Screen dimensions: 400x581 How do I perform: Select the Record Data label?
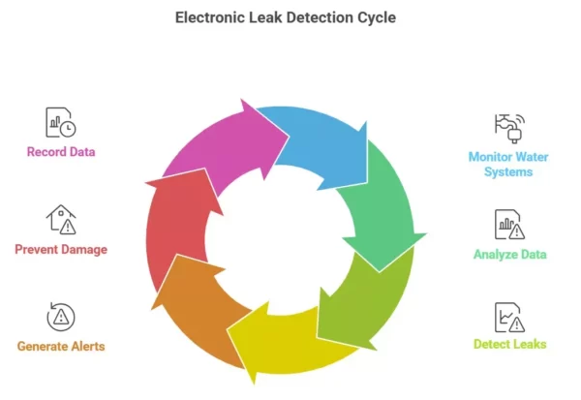(61, 152)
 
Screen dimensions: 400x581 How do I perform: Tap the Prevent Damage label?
(61, 249)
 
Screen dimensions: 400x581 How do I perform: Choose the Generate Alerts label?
(61, 346)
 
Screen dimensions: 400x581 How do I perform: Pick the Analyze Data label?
(509, 255)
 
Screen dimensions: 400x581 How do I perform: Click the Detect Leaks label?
(509, 344)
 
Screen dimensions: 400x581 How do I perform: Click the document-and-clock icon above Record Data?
(60, 122)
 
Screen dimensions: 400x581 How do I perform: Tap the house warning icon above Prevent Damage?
(60, 219)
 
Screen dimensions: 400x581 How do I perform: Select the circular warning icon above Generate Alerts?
(60, 316)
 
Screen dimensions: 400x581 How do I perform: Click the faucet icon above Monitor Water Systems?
(508, 126)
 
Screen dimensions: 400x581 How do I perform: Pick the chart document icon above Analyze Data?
(508, 225)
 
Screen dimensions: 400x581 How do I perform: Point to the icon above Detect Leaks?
(508, 316)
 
